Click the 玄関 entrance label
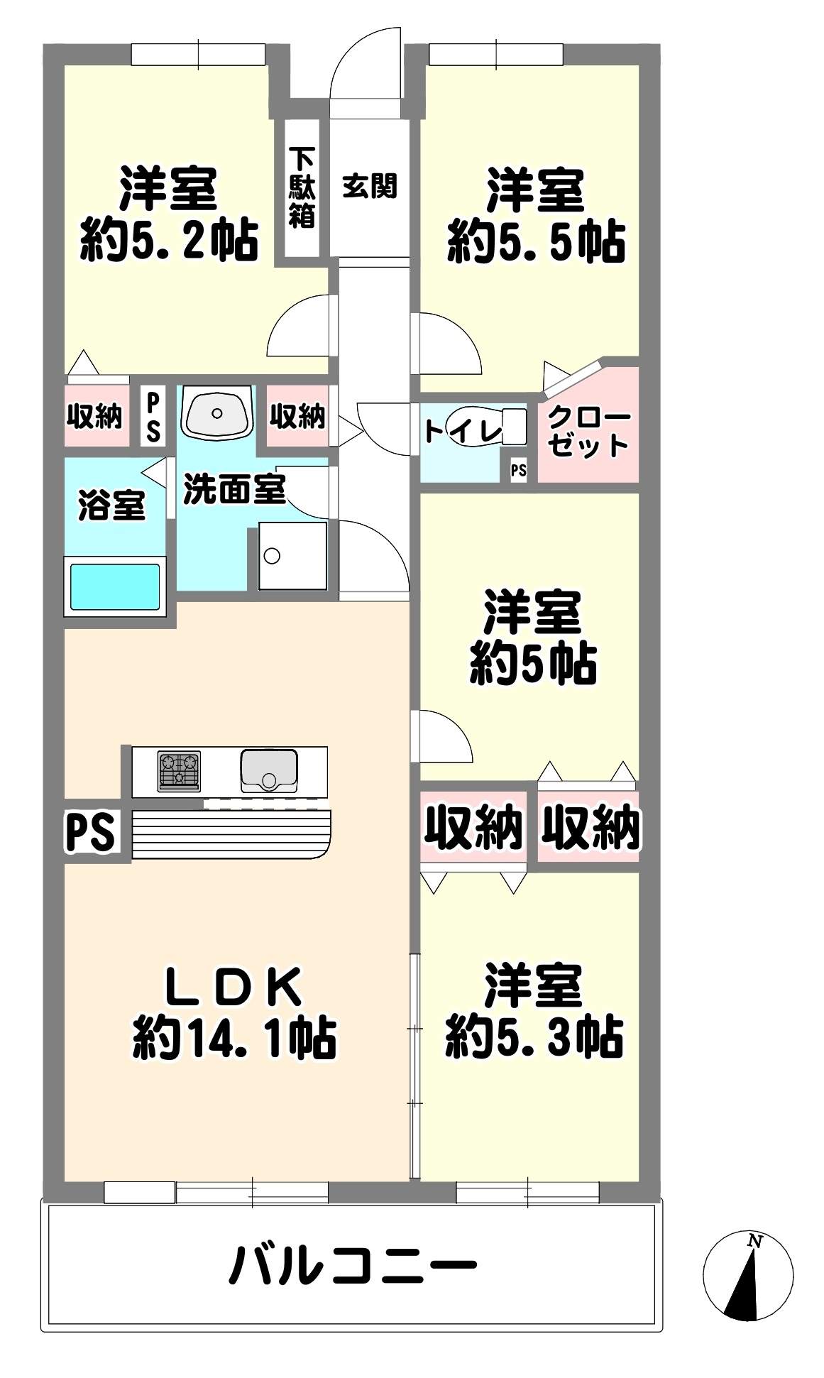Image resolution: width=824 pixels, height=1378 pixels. (369, 186)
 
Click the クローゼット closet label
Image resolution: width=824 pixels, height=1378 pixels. (588, 431)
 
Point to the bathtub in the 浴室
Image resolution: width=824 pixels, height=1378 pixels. (114, 586)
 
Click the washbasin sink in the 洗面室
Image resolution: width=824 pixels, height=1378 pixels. (217, 412)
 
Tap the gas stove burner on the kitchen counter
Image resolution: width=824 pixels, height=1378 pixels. (179, 771)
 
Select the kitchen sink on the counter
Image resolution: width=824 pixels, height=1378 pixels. (269, 771)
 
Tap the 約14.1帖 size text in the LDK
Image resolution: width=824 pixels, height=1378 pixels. (234, 1038)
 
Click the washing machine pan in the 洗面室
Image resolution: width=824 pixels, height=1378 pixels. (292, 556)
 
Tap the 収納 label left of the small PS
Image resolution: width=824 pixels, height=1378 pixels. (95, 416)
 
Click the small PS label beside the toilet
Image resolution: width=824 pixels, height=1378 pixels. (519, 470)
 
